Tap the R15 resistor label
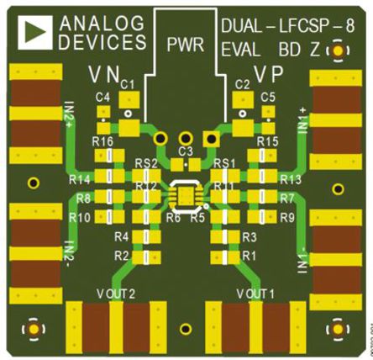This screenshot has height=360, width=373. coord(267,140)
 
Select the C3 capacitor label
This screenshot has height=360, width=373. coord(186,151)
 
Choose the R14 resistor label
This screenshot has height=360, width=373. coord(81,180)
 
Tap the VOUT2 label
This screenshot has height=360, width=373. coord(116,293)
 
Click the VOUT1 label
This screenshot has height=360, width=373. coord(256,293)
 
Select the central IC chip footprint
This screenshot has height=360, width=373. coord(185,195)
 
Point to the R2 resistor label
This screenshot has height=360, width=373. coord(121,255)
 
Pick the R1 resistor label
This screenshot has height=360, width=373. coord(249,255)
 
